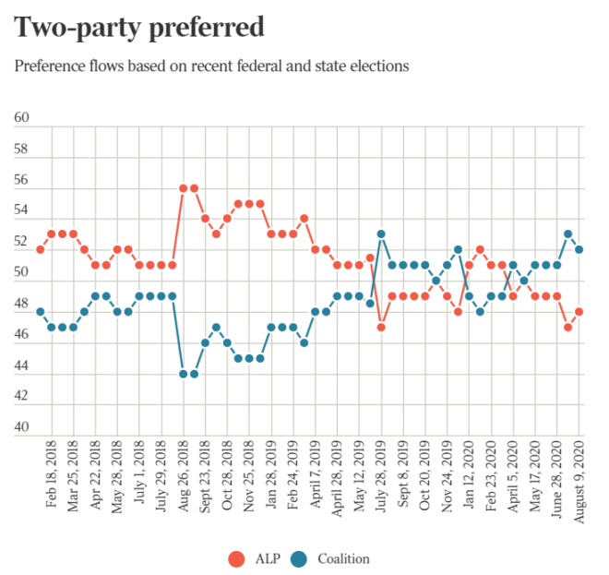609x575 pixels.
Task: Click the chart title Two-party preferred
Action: (138, 28)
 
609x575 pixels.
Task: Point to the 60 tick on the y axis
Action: (22, 118)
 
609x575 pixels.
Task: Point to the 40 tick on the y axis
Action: (22, 428)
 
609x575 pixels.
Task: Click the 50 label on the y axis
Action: (22, 273)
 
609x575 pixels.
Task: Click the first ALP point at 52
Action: (41, 249)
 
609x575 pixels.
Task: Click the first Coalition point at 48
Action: (41, 312)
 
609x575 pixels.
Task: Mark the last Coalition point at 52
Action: (579, 249)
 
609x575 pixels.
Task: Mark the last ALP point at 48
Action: (579, 312)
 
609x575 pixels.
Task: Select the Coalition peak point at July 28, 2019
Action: (381, 234)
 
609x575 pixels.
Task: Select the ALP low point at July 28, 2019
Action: (381, 328)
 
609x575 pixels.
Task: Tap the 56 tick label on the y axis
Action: (22, 180)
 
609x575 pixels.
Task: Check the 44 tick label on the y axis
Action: (22, 366)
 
